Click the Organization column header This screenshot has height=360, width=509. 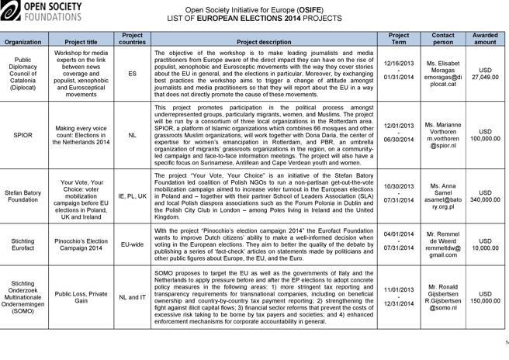(23, 40)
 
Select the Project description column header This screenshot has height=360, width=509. (264, 40)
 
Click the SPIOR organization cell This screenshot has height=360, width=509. (23, 134)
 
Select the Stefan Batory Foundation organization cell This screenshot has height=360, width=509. (23, 196)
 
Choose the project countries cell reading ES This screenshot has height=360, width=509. (132, 74)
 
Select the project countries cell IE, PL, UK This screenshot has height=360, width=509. (132, 196)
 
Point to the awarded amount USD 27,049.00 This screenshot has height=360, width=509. (486, 74)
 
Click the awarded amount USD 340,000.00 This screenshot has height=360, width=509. (486, 196)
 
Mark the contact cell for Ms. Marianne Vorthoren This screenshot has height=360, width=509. (443, 134)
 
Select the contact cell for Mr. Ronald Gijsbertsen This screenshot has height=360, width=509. (443, 296)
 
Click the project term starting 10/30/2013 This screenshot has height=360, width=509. (398, 196)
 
